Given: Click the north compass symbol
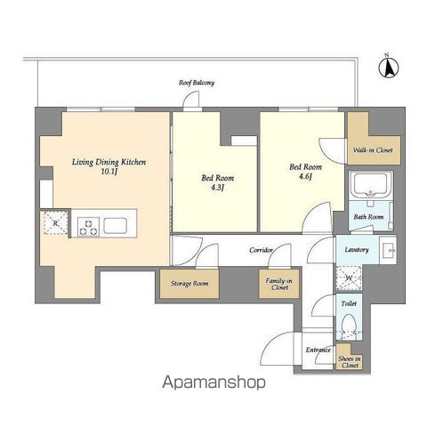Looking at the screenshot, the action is (389, 67).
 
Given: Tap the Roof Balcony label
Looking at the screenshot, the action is (197, 83).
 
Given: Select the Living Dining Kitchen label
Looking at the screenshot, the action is (109, 162).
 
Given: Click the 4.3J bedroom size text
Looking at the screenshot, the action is (217, 188).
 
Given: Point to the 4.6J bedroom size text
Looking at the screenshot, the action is (305, 177).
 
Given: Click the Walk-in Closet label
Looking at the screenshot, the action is (373, 150).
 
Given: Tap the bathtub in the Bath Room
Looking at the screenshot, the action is (371, 185).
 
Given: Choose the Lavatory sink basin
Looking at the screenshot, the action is (388, 249).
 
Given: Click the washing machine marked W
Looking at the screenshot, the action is (349, 278).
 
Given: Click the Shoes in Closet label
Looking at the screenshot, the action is (350, 362).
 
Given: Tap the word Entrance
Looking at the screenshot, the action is (318, 350).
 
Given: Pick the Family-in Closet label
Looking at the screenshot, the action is (278, 284).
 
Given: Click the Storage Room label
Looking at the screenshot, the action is (189, 284).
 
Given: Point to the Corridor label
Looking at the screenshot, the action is (261, 250).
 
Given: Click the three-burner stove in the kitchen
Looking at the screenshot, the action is (88, 227).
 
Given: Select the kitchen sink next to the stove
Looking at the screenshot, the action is (115, 226).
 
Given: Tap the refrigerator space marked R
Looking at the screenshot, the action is (56, 223).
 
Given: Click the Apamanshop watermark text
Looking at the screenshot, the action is (213, 383).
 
